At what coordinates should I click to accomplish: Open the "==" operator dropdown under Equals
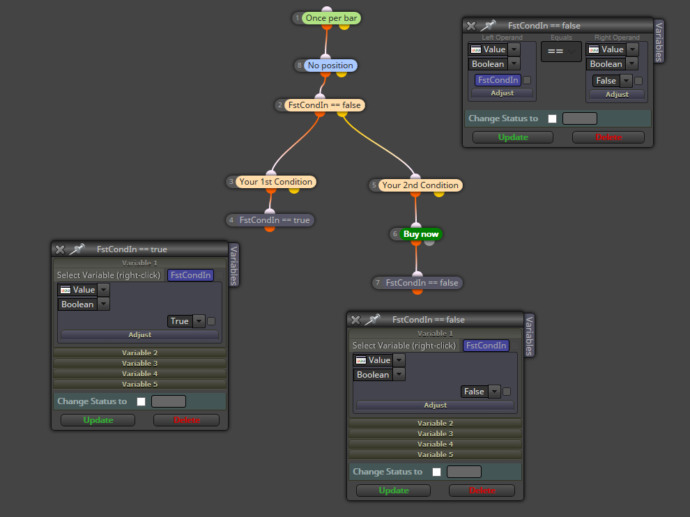[x=561, y=52]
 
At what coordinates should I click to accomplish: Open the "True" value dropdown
[x=199, y=321]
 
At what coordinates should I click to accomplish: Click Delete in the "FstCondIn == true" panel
[x=187, y=420]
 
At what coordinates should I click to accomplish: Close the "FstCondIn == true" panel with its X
[x=60, y=249]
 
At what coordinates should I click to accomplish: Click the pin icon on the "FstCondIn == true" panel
[x=77, y=249]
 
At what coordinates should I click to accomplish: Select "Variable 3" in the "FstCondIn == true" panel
[x=139, y=364]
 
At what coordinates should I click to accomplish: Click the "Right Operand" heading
[x=617, y=38]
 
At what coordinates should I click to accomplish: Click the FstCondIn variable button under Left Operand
[x=498, y=80]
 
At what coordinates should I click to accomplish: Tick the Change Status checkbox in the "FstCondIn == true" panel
[x=141, y=401]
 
